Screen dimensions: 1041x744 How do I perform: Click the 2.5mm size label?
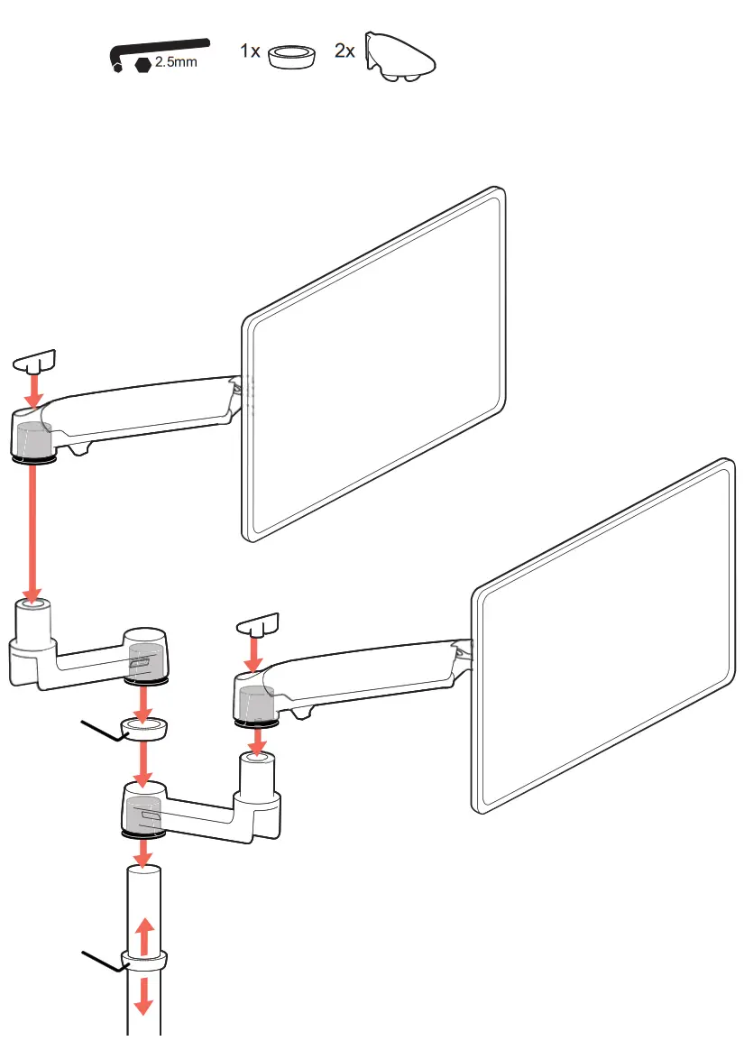pos(175,64)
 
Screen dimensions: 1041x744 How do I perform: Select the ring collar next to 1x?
pos(293,57)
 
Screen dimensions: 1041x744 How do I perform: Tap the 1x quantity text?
pos(250,51)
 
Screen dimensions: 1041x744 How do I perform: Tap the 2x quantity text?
pos(344,51)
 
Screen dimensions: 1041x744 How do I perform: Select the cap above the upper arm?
pos(34,362)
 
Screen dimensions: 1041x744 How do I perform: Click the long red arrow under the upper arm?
pos(33,532)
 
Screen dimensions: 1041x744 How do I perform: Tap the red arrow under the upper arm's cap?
pos(34,390)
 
